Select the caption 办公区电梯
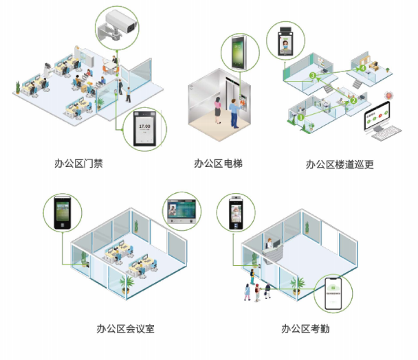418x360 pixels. click(219, 164)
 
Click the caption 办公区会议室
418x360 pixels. click(126, 328)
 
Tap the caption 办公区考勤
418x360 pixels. click(305, 328)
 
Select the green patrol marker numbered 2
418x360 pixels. click(353, 100)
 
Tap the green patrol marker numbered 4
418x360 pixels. click(362, 69)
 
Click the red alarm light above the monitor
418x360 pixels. click(388, 94)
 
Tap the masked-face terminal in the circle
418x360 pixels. click(285, 43)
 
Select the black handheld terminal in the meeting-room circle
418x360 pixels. click(62, 213)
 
